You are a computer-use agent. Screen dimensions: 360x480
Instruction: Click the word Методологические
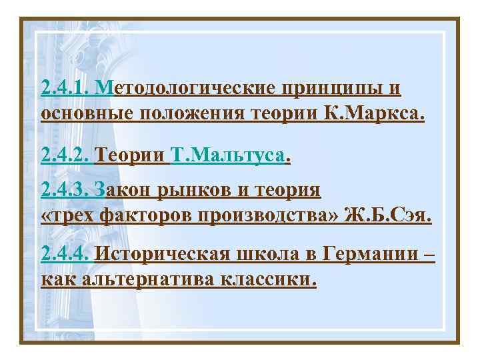pos(189,88)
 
